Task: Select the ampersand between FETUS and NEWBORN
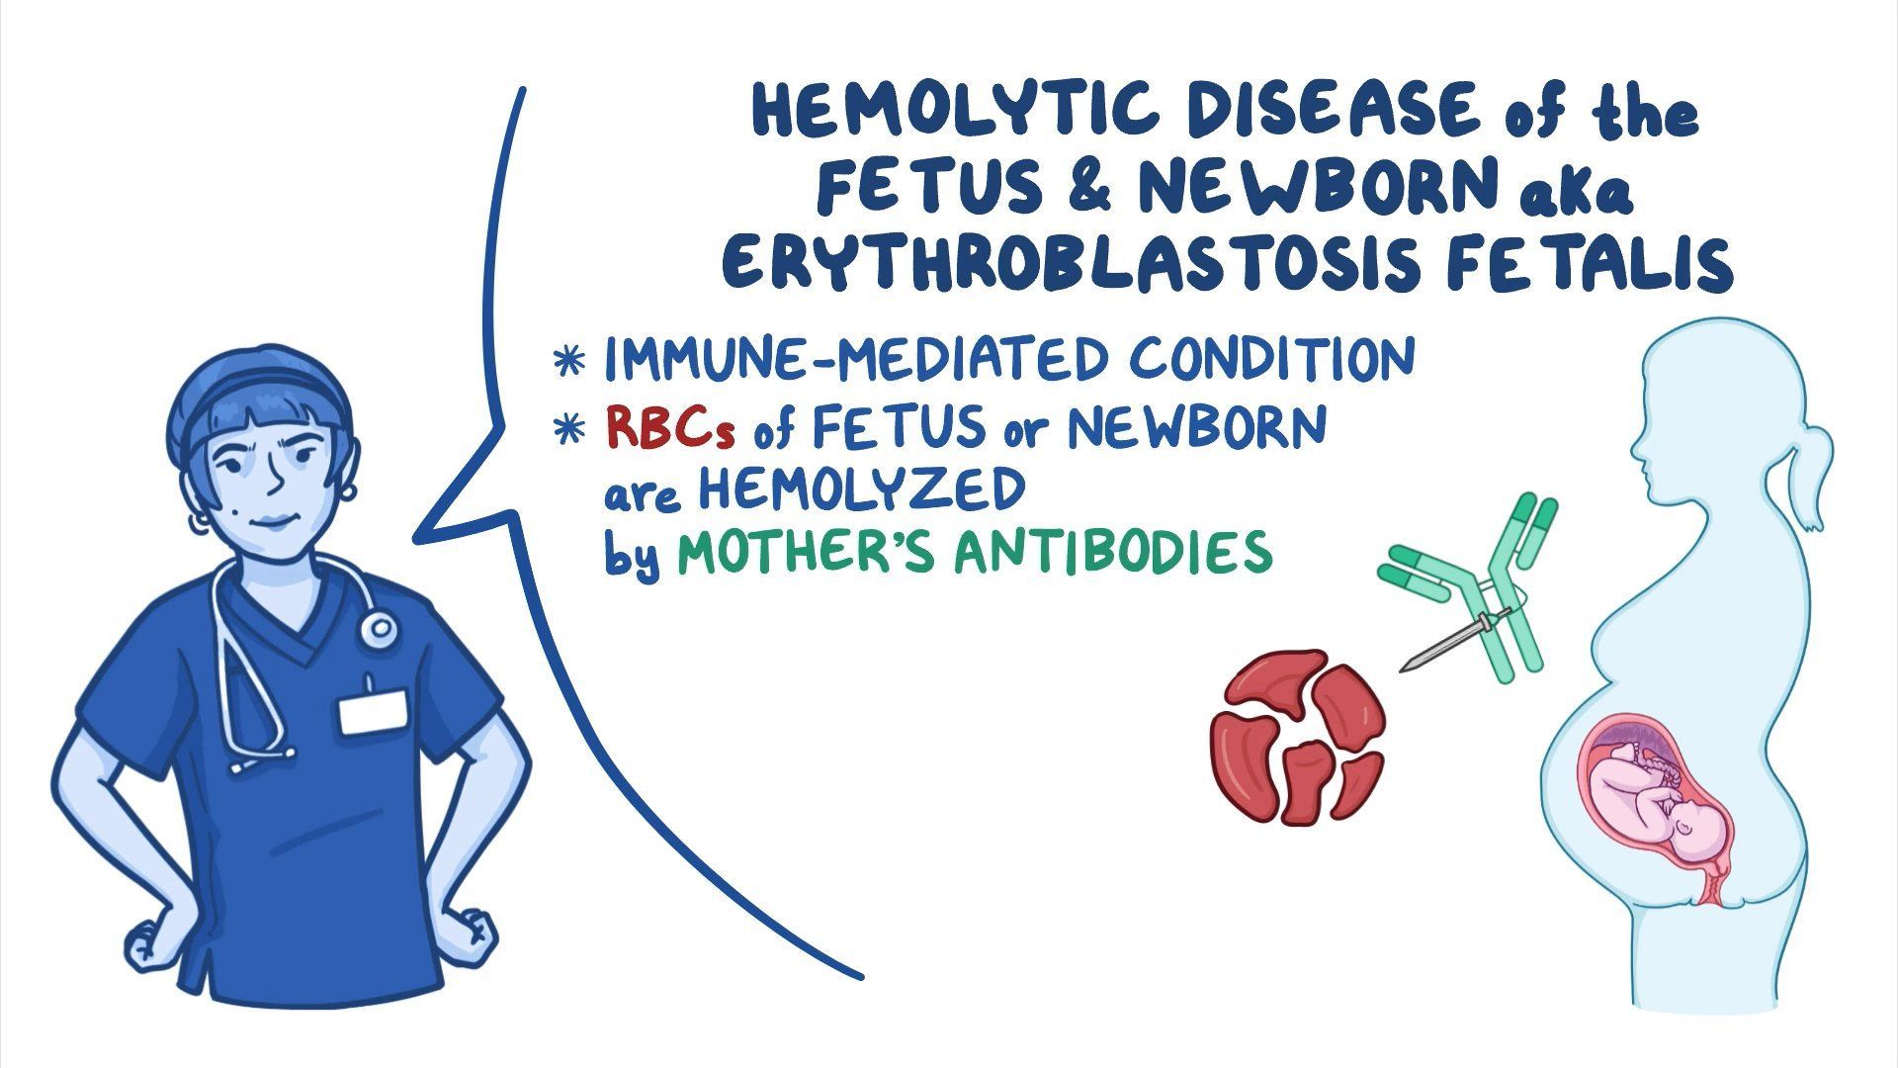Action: [1087, 187]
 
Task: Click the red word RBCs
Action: [672, 428]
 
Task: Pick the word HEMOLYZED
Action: [861, 489]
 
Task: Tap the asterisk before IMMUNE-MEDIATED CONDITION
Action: [570, 361]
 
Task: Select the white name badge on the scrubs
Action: [373, 713]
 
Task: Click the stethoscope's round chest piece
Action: [377, 628]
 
